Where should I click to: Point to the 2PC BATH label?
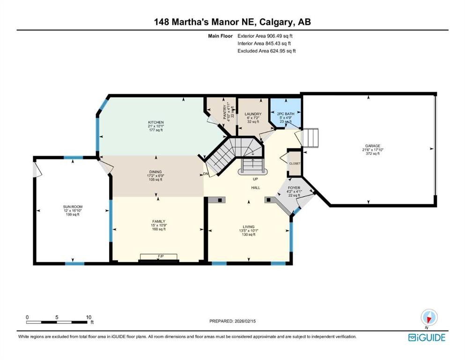coord(286,113)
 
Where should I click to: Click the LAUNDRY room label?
coord(253,113)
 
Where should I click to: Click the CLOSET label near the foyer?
coord(295,164)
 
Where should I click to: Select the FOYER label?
coord(294,187)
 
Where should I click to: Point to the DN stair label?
coord(206,174)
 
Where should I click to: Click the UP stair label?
coord(255,179)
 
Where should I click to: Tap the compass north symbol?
coord(429,317)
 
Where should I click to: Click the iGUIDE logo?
coord(427,337)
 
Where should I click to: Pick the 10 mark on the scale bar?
coord(89,317)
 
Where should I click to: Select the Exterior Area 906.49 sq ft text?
coord(267,36)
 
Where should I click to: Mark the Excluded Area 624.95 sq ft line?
coord(267,51)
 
